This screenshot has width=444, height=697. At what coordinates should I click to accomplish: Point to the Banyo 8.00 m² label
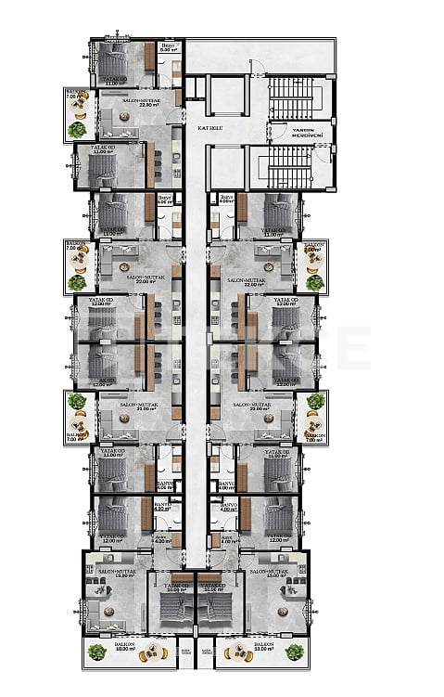point(168,48)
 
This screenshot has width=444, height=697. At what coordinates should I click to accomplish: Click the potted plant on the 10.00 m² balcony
point(96,652)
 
